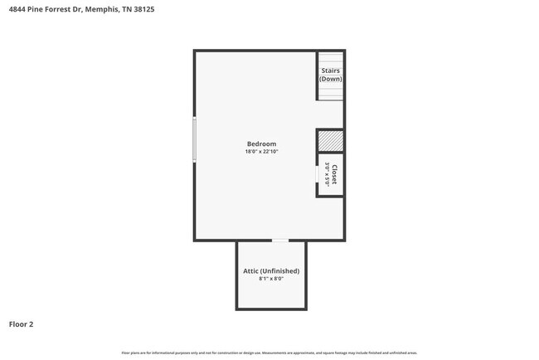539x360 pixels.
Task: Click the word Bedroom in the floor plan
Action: click(260, 144)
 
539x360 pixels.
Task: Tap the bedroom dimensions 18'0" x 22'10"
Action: click(260, 152)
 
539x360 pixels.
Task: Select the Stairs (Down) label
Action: click(330, 75)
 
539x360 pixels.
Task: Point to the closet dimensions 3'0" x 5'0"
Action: click(328, 174)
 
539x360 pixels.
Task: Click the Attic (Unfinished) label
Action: click(271, 271)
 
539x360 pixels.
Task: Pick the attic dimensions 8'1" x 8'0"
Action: click(271, 280)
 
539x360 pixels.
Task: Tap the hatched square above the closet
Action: click(330, 140)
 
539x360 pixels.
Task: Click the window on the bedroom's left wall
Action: click(195, 139)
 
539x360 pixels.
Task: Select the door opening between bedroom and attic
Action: click(280, 241)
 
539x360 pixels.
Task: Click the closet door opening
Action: click(318, 175)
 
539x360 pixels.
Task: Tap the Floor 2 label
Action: click(22, 324)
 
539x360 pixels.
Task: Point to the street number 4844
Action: click(16, 9)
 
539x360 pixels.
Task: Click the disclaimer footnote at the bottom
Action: click(269, 353)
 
